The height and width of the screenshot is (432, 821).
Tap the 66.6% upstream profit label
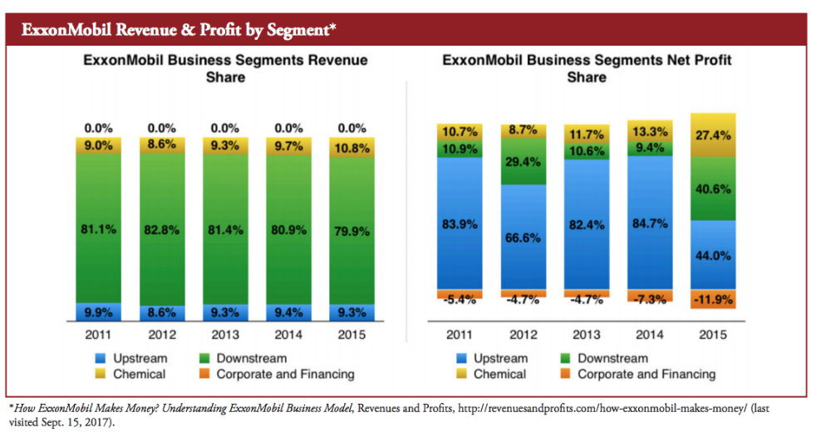point(524,238)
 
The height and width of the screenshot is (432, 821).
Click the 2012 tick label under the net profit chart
point(524,336)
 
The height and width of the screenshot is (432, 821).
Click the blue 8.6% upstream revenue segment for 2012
point(161,312)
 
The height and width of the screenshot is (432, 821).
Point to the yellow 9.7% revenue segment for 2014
point(288,145)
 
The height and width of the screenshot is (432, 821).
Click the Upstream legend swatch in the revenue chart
point(99,359)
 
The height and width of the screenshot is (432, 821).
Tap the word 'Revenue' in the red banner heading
point(156,30)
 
